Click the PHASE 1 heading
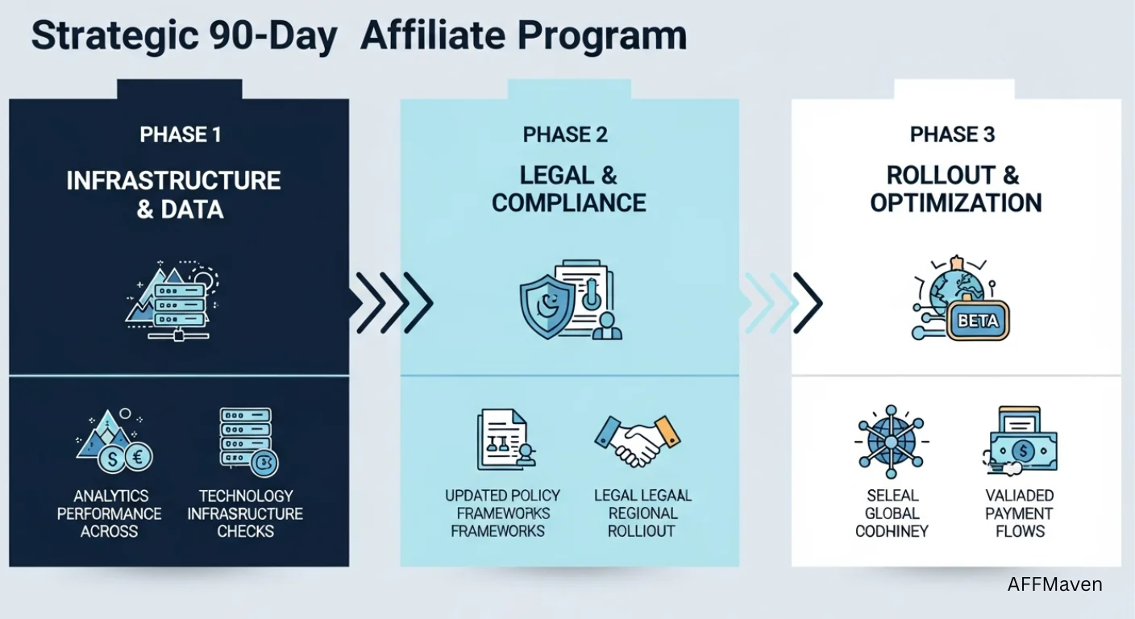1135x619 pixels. click(180, 135)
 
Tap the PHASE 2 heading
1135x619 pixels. click(565, 135)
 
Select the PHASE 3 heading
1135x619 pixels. click(952, 135)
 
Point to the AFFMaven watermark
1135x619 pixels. click(1054, 584)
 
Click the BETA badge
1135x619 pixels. click(979, 321)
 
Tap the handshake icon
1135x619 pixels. click(637, 440)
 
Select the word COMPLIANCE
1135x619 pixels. click(568, 202)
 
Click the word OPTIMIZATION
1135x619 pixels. click(955, 202)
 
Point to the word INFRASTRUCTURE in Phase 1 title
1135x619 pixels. click(173, 180)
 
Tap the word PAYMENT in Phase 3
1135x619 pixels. click(1019, 513)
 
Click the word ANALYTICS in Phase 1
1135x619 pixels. click(110, 496)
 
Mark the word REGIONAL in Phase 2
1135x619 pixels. click(642, 513)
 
